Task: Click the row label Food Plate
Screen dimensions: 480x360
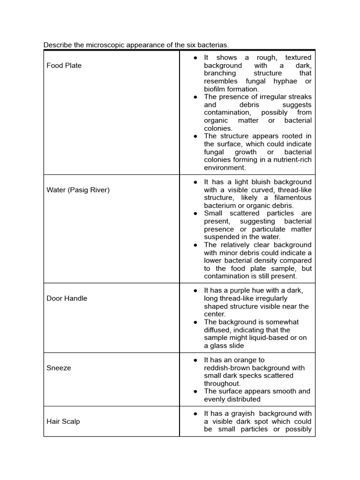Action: click(64, 66)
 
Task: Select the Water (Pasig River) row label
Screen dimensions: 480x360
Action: click(78, 190)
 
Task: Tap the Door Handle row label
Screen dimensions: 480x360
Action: click(67, 298)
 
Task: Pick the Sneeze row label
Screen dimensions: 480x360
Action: click(59, 368)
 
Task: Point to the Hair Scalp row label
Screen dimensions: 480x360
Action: click(63, 421)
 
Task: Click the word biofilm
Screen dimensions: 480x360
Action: click(216, 89)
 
